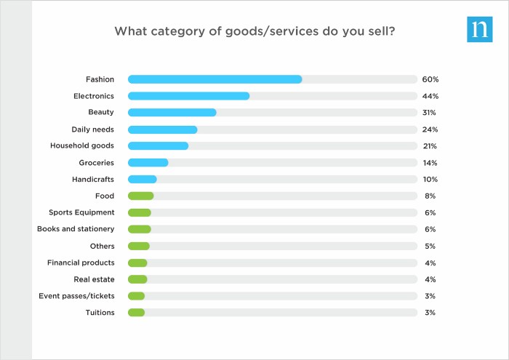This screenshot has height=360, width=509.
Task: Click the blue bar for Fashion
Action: coord(215,79)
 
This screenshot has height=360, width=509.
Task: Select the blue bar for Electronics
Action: coord(188,96)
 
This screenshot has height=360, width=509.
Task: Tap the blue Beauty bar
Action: coord(172,113)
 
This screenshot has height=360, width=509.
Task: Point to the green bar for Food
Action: coord(140,196)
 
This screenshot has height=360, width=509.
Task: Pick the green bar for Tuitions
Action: coord(136,313)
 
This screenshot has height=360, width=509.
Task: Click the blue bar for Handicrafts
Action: coord(142,179)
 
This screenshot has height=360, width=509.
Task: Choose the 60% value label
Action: coord(430,79)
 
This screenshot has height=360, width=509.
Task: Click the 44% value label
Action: coord(430,96)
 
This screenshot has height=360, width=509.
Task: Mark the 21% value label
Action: coord(430,146)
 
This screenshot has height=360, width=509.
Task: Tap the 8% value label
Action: coord(430,196)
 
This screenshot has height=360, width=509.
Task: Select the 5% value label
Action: coord(430,246)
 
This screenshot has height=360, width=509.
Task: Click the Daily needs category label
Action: coord(92,129)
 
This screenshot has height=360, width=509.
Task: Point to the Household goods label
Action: coord(82,146)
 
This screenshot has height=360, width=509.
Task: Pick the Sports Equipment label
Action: coord(81,212)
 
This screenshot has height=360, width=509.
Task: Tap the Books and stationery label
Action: coord(76,229)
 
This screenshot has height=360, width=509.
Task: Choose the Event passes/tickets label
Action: coord(76,296)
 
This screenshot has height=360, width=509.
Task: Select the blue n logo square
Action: coord(479,29)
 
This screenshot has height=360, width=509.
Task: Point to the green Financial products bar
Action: coord(137,263)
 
